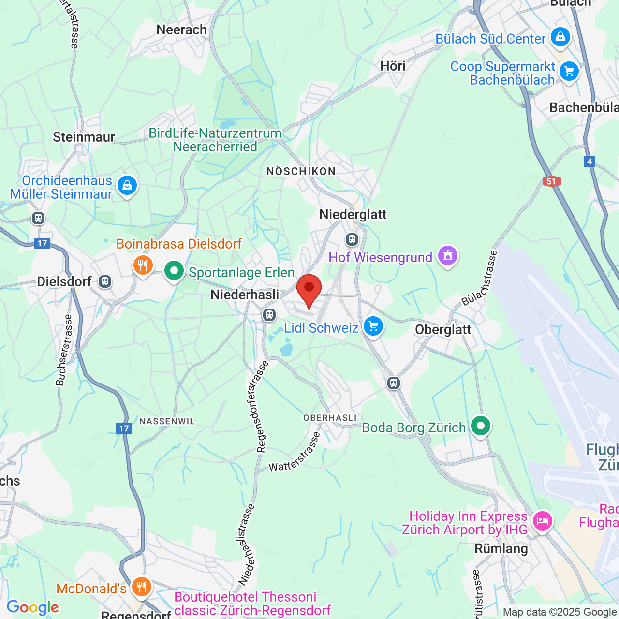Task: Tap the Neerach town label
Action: (x=182, y=30)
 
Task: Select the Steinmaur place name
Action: (x=84, y=137)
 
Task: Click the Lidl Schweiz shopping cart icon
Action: (x=373, y=326)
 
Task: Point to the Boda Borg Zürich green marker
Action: (x=481, y=426)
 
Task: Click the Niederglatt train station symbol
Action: (x=352, y=239)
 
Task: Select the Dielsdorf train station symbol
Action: (x=105, y=281)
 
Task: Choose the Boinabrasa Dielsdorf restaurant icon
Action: (x=143, y=265)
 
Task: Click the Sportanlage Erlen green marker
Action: (x=174, y=271)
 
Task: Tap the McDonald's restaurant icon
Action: (x=141, y=587)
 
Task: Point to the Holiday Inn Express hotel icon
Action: (x=542, y=521)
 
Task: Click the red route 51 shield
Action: (x=551, y=182)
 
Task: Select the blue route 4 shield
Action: (x=590, y=162)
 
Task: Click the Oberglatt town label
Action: (x=443, y=330)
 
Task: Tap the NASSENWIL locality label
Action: (x=167, y=421)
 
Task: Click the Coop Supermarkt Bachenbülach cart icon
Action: (x=569, y=72)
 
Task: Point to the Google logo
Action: (x=32, y=607)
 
